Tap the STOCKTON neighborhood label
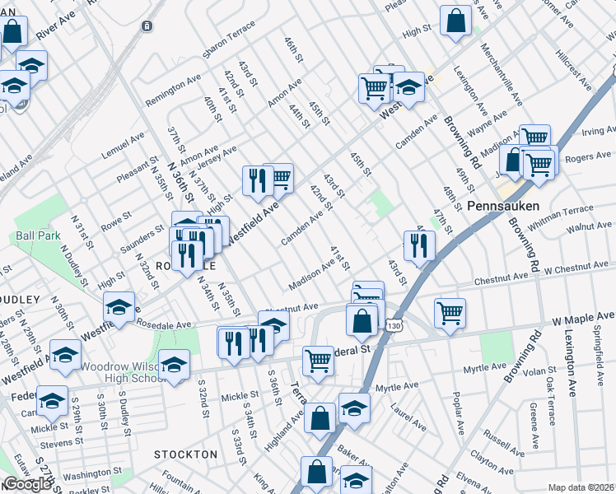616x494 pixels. pos(186,454)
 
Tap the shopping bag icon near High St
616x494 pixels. pos(455,22)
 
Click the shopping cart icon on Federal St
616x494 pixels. pos(318,360)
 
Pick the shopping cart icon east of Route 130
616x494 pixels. pos(450,313)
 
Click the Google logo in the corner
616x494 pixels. pos(27,484)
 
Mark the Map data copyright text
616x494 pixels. pos(581,487)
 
